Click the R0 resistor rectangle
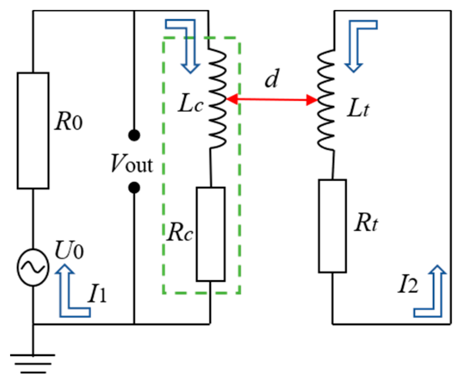[x=33, y=130]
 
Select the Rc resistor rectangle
[x=211, y=234]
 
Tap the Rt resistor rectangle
[x=332, y=226]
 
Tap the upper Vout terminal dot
[x=134, y=135]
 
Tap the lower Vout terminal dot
[x=134, y=188]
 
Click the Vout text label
[x=132, y=165]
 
